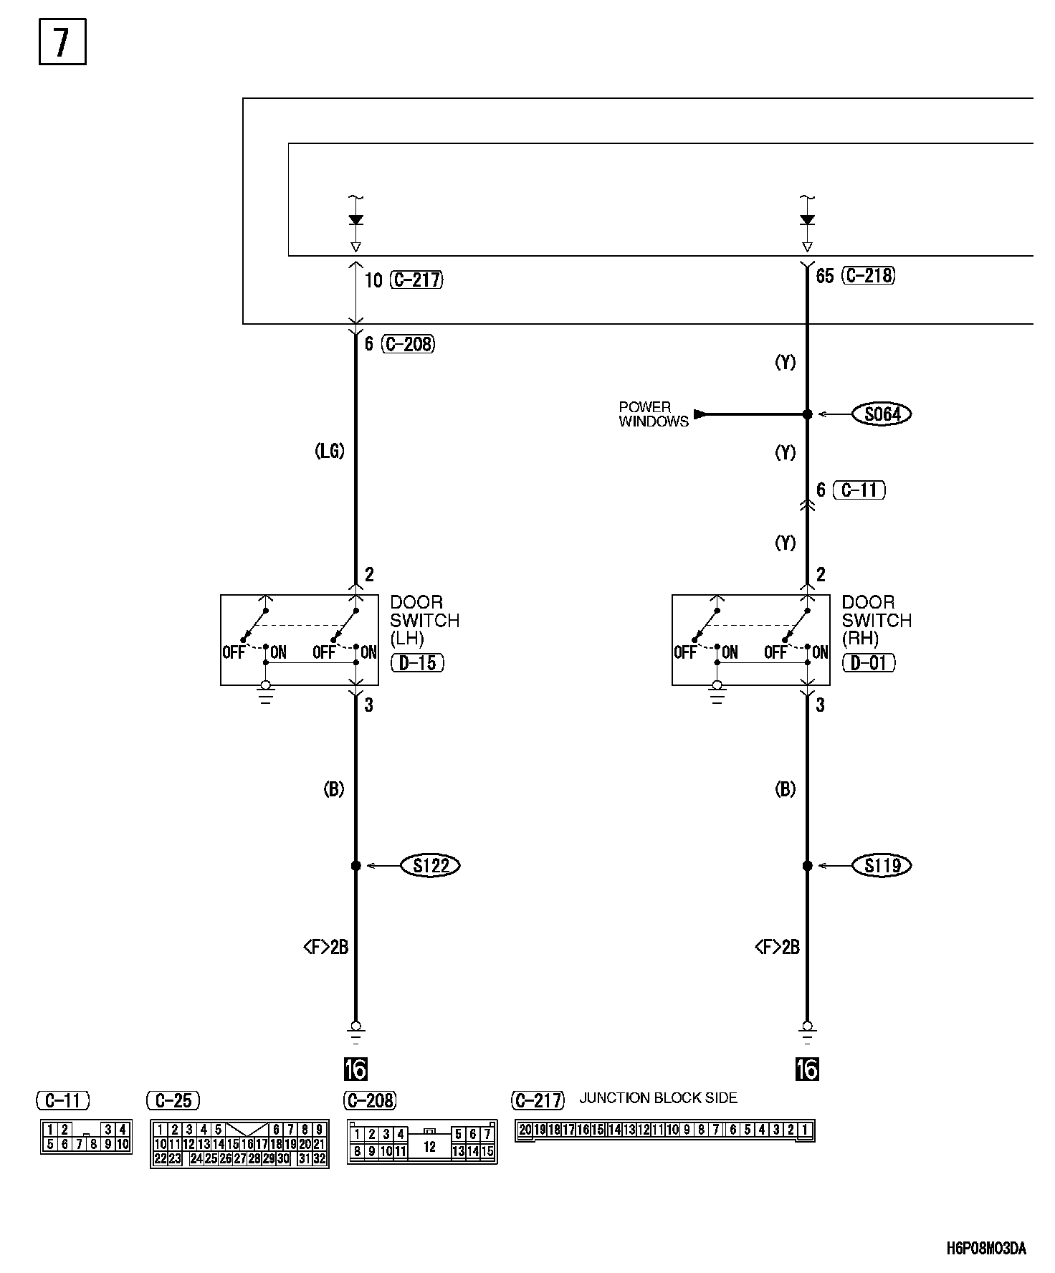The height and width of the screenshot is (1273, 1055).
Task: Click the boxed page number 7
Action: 62,42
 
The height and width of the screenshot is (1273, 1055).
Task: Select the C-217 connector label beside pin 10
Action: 416,280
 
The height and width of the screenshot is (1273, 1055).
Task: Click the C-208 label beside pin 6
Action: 408,344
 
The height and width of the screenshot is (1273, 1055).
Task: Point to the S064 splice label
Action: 882,414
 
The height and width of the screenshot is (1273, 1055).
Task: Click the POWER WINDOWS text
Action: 653,414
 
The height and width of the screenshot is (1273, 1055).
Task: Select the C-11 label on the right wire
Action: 859,490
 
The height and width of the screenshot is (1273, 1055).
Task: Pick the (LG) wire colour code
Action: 330,451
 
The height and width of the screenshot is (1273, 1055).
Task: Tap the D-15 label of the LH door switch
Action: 417,663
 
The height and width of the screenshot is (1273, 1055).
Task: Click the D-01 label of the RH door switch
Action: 869,663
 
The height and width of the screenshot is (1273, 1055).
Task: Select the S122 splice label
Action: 431,866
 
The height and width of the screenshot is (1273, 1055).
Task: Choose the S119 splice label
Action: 882,866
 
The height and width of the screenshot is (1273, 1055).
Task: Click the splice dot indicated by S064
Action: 807,414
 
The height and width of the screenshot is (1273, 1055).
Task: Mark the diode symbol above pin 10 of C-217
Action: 355,220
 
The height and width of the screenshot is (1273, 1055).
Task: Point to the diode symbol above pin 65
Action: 807,220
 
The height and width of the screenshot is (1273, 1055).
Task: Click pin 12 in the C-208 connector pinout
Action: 429,1147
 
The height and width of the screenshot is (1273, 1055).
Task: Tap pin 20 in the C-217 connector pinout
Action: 525,1130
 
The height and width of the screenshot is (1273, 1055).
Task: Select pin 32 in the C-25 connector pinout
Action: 320,1158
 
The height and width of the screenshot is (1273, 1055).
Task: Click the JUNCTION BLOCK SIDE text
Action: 658,1098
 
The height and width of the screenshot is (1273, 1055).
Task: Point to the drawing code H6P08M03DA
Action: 986,1249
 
